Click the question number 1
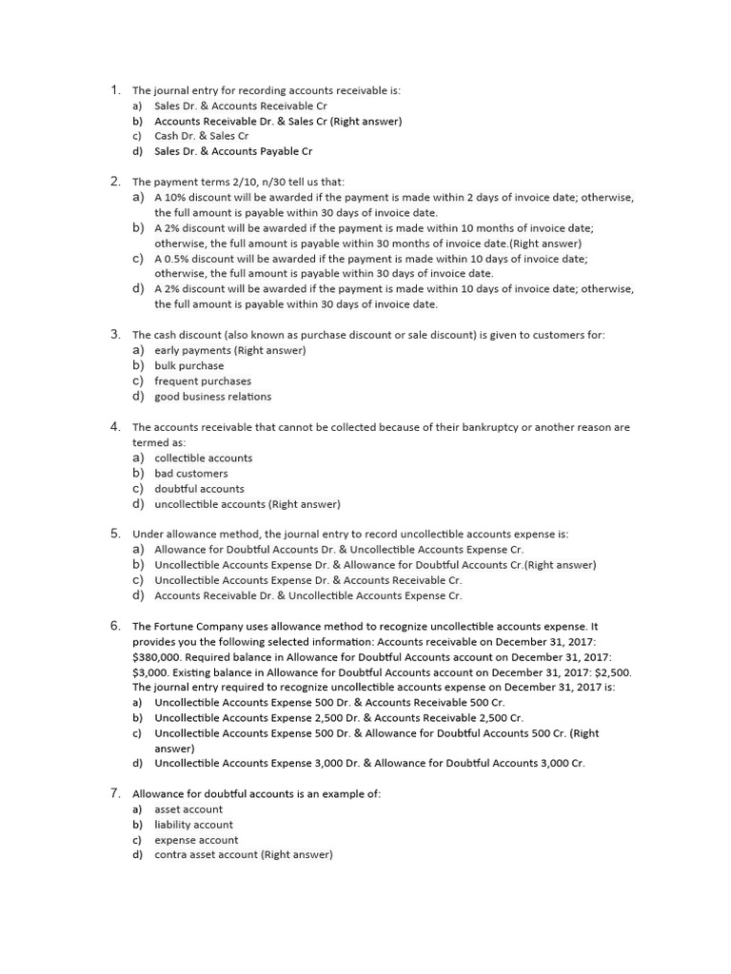click(113, 90)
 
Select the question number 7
click(113, 793)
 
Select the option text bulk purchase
click(189, 366)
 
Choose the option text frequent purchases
click(203, 381)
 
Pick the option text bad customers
click(191, 474)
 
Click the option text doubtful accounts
click(199, 489)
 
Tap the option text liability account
click(193, 825)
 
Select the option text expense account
click(196, 840)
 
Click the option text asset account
click(188, 809)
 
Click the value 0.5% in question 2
click(176, 259)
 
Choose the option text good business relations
click(212, 397)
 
